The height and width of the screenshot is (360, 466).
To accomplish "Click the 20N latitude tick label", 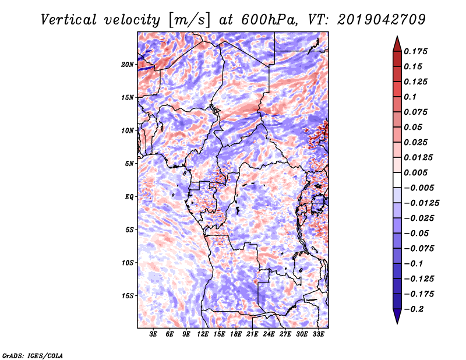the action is pos(127,65).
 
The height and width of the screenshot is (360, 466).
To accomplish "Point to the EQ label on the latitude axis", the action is pos(129,197).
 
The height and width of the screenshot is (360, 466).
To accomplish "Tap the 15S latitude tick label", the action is pos(127,296).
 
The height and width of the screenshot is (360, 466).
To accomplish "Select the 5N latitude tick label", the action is pos(129,164).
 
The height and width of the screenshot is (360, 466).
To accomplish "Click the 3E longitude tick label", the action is pos(153,334).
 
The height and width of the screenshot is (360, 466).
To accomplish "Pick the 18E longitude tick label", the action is pos(235,334).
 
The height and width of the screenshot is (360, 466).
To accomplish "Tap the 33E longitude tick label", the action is pos(318,334).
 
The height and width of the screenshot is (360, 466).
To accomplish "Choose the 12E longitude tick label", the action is pos(202,334).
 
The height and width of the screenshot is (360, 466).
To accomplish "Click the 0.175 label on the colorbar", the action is pos(415,51).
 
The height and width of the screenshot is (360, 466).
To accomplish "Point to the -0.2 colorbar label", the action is pos(414,309).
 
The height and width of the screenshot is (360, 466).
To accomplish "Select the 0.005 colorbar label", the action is pos(415,172).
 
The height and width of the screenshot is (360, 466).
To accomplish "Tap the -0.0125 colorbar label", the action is pos(421,203).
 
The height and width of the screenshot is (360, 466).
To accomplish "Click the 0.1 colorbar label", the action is pos(410,97).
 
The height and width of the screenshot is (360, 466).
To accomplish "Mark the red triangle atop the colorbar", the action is pos(397,44).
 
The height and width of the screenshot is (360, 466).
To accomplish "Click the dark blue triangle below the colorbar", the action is pos(397,316).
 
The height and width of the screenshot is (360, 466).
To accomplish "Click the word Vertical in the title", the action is pos(69,20).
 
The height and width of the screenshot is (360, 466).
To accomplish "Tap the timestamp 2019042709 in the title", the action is pos(382,20).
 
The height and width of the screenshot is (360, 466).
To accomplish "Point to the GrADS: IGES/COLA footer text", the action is pos(33,355).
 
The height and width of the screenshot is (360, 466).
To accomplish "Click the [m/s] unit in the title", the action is pos(189,20).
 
